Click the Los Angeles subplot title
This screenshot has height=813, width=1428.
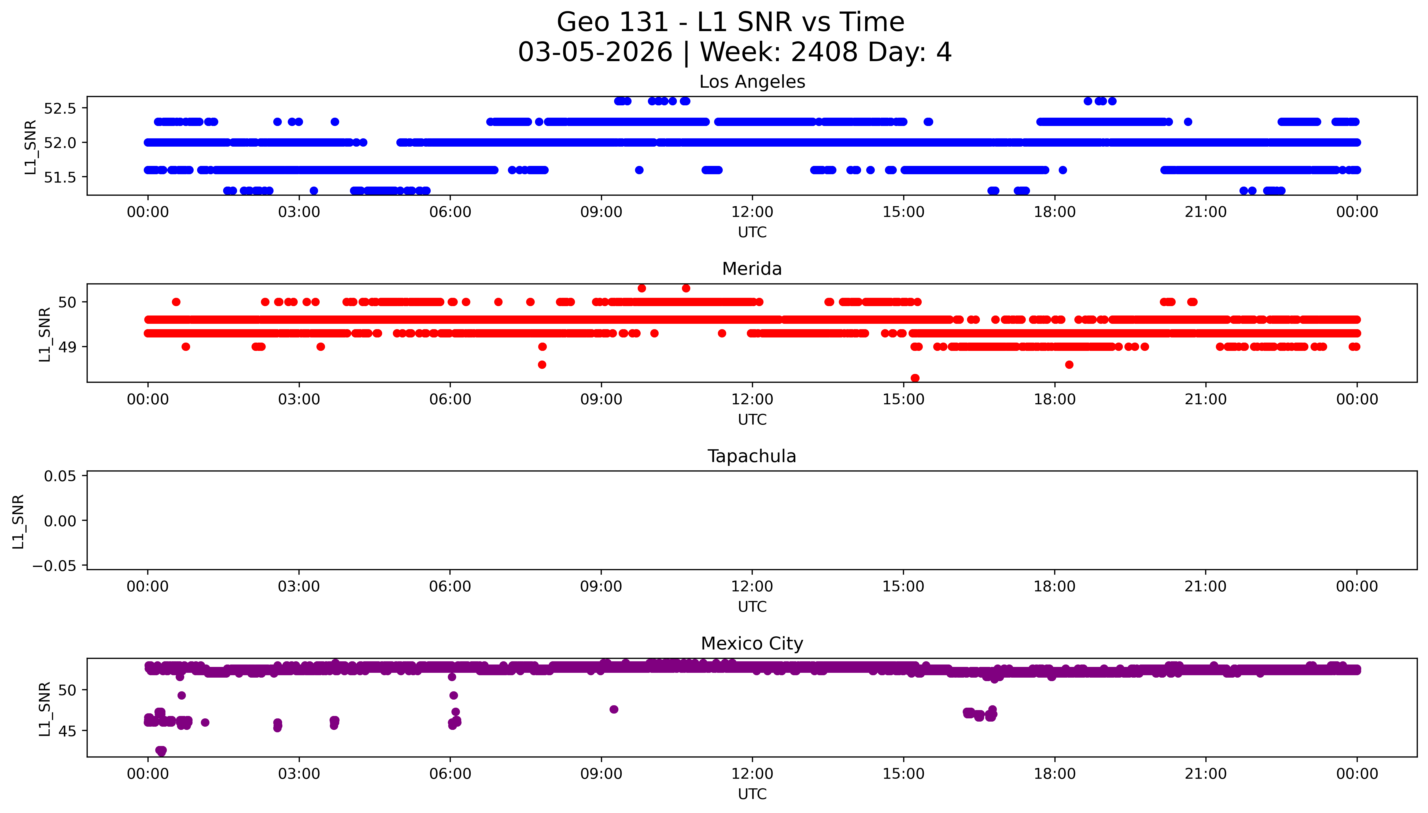[x=752, y=82]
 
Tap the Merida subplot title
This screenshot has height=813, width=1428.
[x=752, y=269]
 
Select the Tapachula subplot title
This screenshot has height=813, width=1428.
[x=752, y=456]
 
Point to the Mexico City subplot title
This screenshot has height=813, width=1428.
[x=752, y=644]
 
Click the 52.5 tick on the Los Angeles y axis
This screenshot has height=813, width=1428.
[x=59, y=108]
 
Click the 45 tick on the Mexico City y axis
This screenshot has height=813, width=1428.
[x=67, y=731]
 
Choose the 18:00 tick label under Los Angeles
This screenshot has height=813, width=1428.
[x=1054, y=212]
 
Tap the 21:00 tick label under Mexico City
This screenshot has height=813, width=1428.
[x=1206, y=774]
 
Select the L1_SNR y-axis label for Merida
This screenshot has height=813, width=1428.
[x=45, y=334]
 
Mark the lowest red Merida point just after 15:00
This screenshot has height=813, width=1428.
[x=915, y=378]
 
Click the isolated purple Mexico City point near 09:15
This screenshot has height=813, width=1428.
[x=614, y=709]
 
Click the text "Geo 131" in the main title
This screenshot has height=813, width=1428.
[x=613, y=23]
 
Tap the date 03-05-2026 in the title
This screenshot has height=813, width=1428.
[x=595, y=53]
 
